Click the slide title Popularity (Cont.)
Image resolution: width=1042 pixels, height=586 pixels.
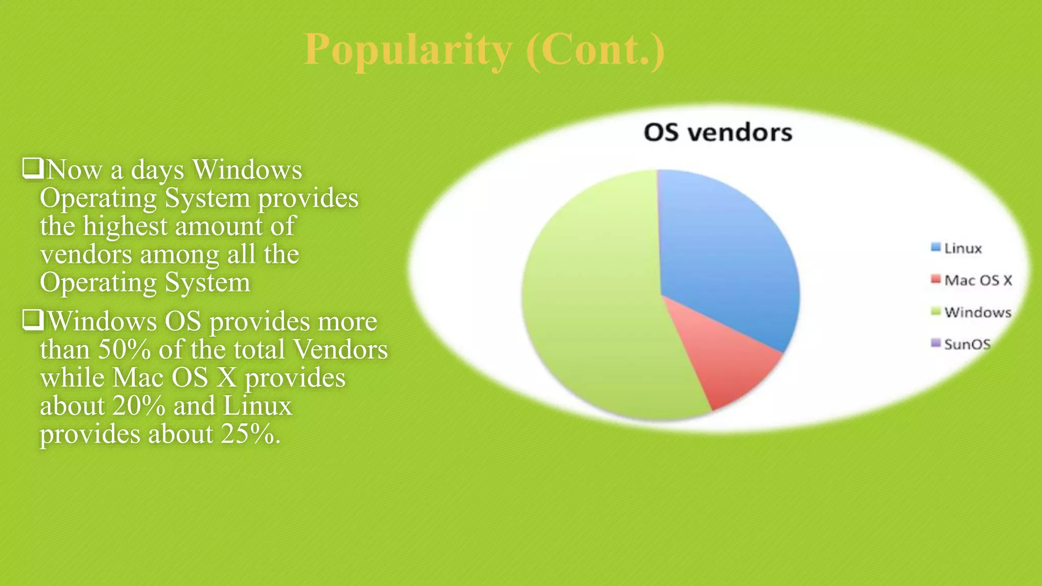(484, 50)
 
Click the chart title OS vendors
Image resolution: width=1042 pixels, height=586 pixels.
(718, 133)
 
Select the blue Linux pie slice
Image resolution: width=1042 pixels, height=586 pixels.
(728, 254)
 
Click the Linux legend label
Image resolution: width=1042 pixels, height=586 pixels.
(963, 248)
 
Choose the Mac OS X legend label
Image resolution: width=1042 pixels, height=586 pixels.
(978, 280)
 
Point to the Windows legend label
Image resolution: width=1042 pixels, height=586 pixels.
(977, 312)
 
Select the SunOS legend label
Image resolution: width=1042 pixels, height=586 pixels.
(967, 344)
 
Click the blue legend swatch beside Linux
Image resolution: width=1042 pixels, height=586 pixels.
(935, 247)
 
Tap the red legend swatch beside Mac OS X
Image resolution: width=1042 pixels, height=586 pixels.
(935, 279)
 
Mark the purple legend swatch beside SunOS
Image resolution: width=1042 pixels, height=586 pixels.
(935, 343)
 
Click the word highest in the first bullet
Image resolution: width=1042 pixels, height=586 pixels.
(125, 226)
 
